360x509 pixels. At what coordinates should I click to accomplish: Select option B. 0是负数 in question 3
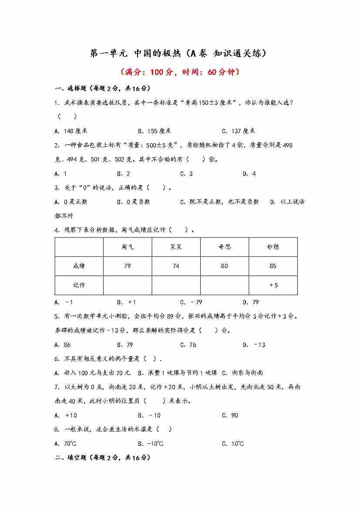pos(133,202)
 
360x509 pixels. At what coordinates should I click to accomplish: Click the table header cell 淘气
pos(128,247)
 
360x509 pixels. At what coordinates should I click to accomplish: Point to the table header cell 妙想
pos(273,247)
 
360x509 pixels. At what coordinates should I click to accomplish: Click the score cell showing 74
pos(176,266)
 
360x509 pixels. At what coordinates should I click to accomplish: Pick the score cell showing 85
pos(273,266)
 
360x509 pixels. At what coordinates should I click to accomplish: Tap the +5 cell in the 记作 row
pos(273,285)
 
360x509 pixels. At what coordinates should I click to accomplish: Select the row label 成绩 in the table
pos(79,266)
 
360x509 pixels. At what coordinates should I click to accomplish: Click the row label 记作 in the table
pos(79,285)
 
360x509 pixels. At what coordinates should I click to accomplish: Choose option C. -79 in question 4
pos(191,302)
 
